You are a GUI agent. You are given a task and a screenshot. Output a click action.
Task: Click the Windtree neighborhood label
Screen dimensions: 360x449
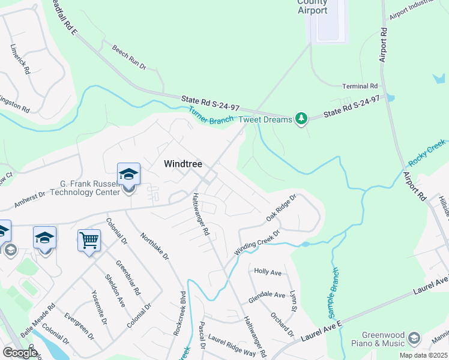pos(184,163)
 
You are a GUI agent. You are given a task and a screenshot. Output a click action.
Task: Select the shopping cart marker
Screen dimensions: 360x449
pos(89,241)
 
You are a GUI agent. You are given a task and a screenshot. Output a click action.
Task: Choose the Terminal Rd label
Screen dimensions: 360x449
pos(360,86)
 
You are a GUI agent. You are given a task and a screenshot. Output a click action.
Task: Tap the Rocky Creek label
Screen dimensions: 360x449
pos(427,154)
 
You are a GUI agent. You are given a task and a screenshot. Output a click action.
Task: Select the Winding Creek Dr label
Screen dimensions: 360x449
pos(257,244)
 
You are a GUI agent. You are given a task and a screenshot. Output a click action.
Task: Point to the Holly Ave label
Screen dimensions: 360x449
pos(268,272)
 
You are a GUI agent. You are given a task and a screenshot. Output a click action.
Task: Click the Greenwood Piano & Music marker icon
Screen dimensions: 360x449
pos(414,338)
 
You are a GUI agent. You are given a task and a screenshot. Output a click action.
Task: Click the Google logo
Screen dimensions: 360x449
pos(19,353)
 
